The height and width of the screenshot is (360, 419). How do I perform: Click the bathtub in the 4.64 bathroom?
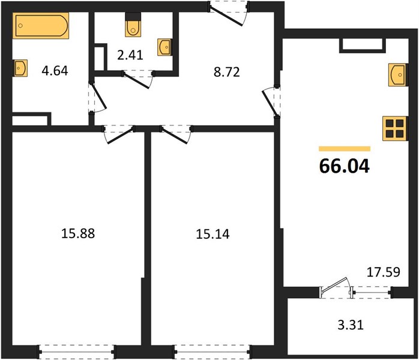41,25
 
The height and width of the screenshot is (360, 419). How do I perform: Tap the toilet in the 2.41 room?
133,25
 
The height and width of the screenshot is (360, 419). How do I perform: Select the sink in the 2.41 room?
164,47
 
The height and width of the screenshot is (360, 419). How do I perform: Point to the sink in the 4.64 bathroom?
20,68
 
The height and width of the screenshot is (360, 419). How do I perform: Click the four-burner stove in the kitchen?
394,128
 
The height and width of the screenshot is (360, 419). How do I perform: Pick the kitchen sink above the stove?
398,75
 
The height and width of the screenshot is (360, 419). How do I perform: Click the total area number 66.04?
345,166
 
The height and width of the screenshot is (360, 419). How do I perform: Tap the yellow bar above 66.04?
345,149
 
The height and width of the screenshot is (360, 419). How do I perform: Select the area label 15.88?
78,233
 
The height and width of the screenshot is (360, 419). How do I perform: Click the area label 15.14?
213,234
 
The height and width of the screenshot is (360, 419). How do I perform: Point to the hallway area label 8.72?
226,72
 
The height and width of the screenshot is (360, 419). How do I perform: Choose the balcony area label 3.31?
351,325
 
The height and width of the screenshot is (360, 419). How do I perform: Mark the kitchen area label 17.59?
384,272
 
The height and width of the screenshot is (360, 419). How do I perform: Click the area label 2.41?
130,55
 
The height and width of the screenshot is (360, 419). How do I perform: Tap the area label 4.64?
55,71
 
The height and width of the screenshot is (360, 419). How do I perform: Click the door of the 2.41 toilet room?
137,79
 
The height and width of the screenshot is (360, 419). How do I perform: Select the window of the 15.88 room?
77,352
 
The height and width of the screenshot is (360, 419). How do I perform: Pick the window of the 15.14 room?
213,352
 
